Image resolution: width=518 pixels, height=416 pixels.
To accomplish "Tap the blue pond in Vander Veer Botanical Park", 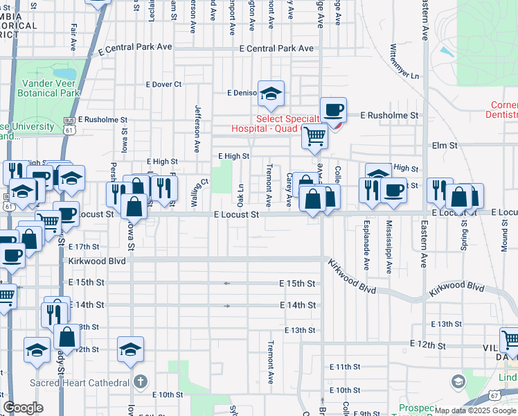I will coord(65,73).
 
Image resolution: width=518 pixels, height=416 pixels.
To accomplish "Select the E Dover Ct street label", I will coord(163,84).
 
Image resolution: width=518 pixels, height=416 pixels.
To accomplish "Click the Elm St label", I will coord(445,146).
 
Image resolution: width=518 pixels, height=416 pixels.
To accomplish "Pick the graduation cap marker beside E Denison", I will coord(271,92).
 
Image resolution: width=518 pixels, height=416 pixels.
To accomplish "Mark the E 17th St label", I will coord(84,247).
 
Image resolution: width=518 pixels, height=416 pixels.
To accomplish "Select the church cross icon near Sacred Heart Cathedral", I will coord(140,381).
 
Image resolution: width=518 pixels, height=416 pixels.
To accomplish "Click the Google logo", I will coord(23,407).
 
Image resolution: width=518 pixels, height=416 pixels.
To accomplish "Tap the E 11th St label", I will coord(341,366).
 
